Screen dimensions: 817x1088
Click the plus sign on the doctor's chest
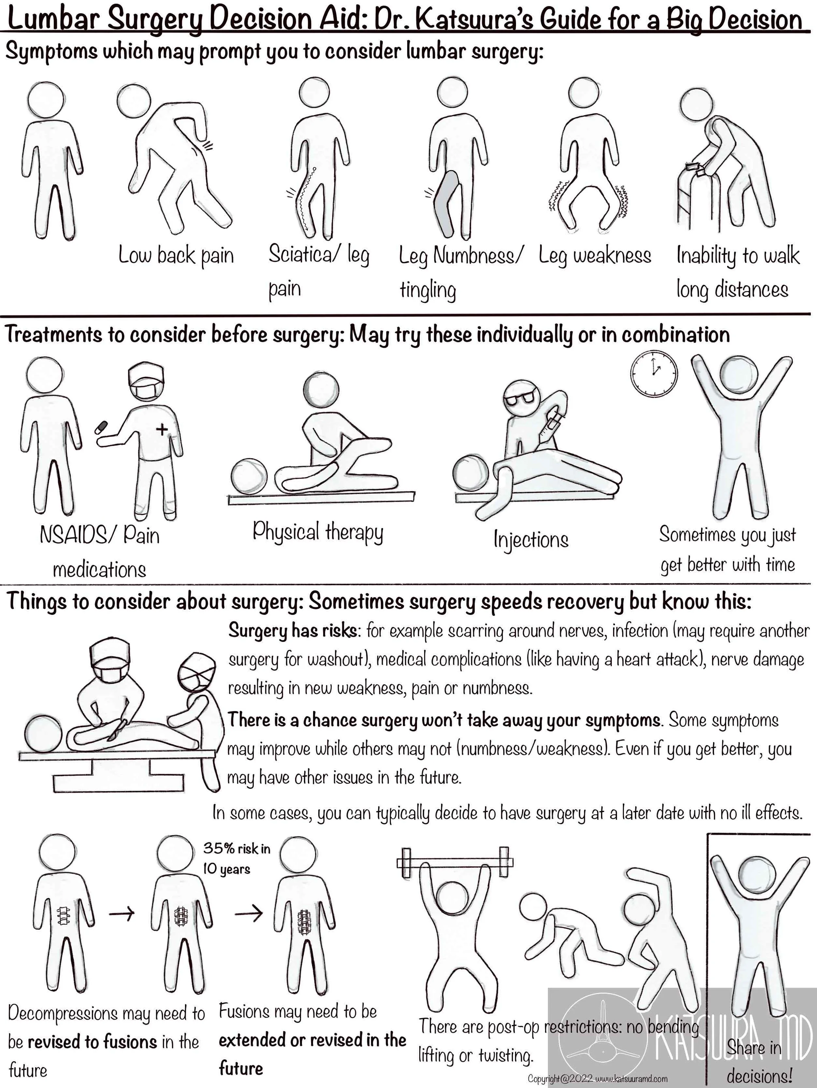click(x=161, y=429)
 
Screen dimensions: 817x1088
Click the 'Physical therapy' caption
click(x=318, y=532)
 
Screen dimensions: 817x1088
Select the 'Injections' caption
click(x=531, y=539)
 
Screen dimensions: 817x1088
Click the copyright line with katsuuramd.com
click(x=597, y=1079)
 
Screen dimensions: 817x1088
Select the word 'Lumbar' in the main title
click(x=54, y=20)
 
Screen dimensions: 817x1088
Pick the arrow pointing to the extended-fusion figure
click(x=249, y=914)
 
